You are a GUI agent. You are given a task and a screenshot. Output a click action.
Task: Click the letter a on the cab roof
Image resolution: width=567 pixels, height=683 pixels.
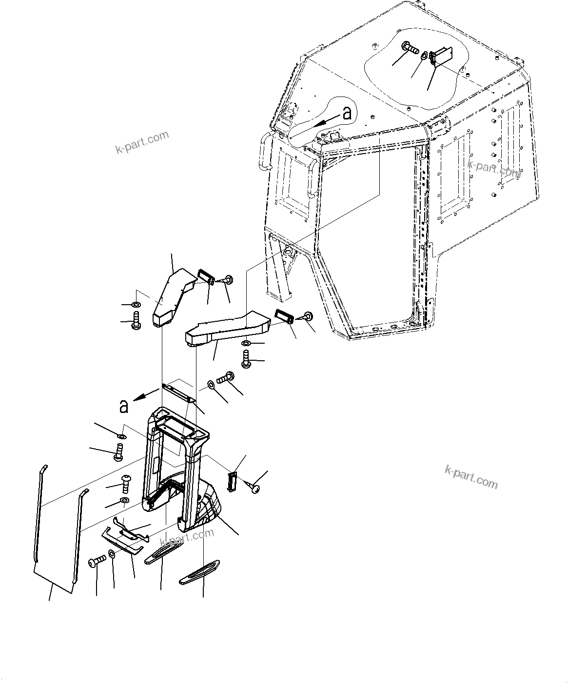(347, 114)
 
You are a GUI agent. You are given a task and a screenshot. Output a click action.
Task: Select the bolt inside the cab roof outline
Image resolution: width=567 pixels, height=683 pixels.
(411, 48)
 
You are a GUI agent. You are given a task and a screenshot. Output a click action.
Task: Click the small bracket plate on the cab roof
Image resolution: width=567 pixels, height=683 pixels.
(442, 55)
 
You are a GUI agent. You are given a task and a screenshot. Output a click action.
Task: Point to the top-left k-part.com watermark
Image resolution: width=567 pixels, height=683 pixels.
(142, 142)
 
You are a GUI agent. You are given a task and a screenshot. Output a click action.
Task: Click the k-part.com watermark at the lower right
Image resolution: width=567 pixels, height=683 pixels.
(471, 476)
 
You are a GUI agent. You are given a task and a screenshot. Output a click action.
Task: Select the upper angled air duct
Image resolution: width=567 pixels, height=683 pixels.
(173, 295)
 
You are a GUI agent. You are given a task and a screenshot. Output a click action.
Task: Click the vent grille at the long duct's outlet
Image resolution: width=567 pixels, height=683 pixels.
(284, 317)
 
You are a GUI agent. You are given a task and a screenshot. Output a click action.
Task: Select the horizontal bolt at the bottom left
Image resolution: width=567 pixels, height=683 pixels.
(96, 562)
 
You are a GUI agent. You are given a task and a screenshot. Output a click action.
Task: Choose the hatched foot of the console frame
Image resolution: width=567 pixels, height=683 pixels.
(210, 507)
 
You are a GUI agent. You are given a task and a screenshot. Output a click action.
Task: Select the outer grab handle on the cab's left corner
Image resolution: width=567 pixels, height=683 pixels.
(264, 151)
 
